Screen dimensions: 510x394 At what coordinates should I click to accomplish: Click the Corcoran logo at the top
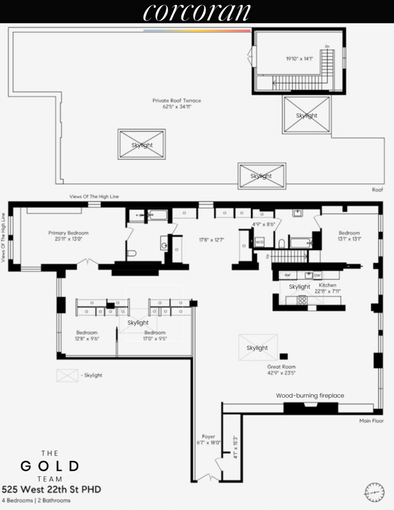[x=197, y=12]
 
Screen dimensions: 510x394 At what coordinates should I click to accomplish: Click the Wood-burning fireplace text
[x=310, y=395]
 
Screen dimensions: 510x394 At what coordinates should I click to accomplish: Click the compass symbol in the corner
[x=374, y=492]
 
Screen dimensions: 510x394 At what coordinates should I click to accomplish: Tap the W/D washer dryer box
[x=259, y=242]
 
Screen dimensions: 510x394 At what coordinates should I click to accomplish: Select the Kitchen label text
[x=327, y=285]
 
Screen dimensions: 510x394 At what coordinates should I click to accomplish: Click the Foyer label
[x=208, y=437]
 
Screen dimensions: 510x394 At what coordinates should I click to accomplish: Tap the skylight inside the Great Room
[x=257, y=348]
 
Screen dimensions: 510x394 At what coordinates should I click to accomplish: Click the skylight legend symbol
[x=67, y=375]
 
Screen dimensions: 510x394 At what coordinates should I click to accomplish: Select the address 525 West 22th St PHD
[x=51, y=490]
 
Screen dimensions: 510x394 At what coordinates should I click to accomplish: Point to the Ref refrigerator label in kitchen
[x=287, y=275]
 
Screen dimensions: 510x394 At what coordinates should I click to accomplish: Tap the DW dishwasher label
[x=317, y=275]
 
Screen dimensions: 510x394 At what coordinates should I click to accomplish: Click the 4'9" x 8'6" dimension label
[x=264, y=224]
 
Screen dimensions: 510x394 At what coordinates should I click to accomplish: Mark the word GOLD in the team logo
[x=49, y=466]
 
